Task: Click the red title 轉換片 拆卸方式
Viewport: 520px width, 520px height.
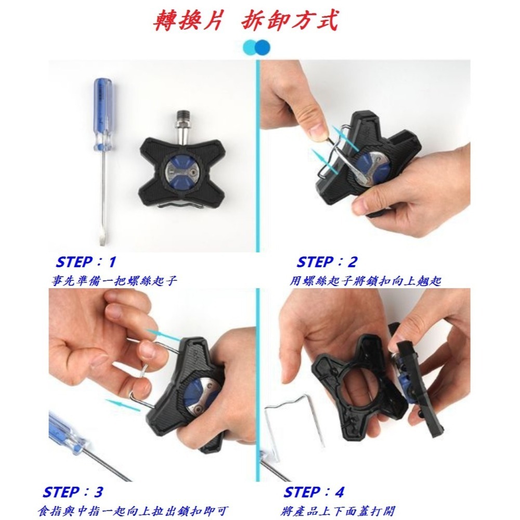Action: pos(245,21)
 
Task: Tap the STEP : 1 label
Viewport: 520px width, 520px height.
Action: pos(86,262)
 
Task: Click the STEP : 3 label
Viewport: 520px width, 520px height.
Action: pos(73,492)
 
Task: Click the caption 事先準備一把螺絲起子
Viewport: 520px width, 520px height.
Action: pos(115,281)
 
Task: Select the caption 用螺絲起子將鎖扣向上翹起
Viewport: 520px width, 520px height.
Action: pos(366,281)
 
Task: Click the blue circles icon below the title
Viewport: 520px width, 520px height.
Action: pos(257,47)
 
